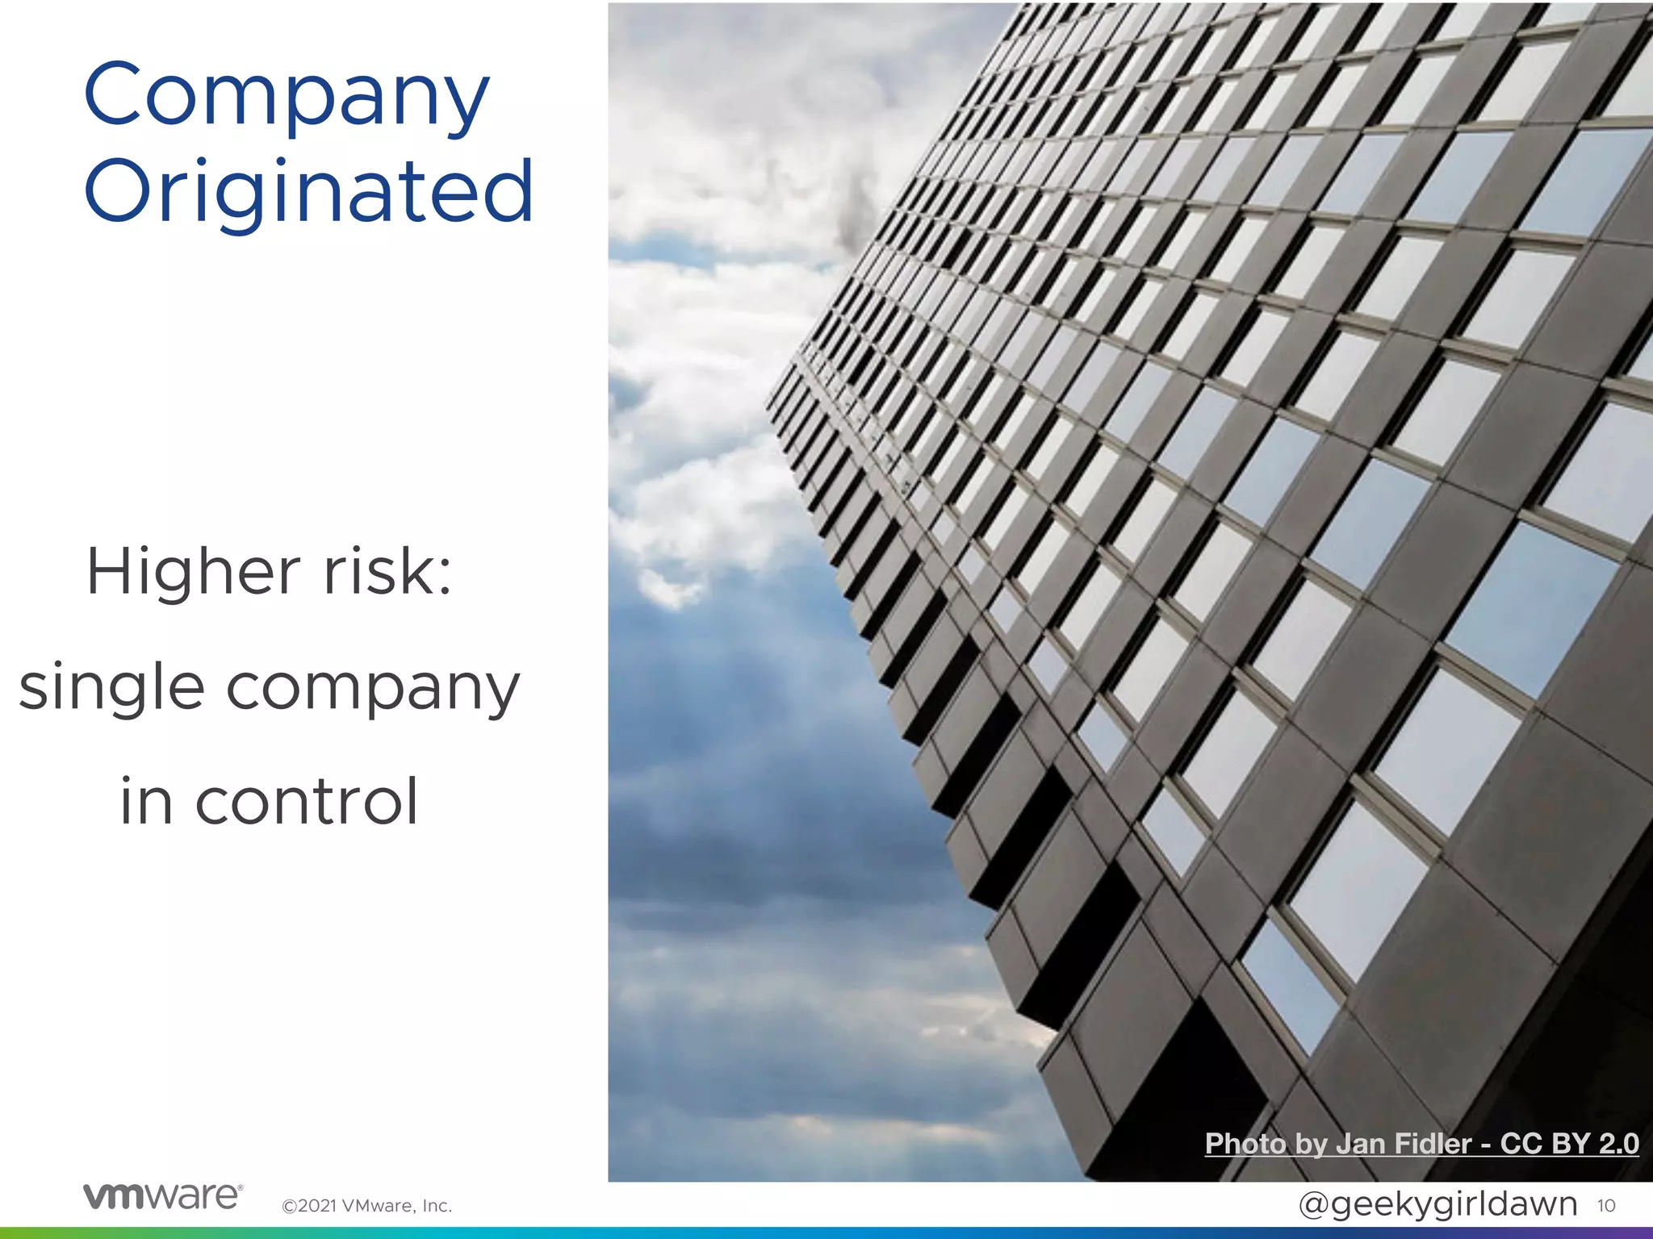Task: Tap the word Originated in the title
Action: tap(308, 192)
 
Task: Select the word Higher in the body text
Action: tap(194, 571)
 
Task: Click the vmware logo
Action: tap(162, 1195)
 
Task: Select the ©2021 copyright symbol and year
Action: tap(309, 1206)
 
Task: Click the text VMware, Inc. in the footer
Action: tap(396, 1206)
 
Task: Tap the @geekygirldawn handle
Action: tap(1437, 1204)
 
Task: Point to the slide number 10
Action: tap(1605, 1205)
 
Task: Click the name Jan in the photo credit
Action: tap(1361, 1144)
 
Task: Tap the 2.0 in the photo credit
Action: tap(1618, 1144)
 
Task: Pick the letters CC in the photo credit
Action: tap(1520, 1144)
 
